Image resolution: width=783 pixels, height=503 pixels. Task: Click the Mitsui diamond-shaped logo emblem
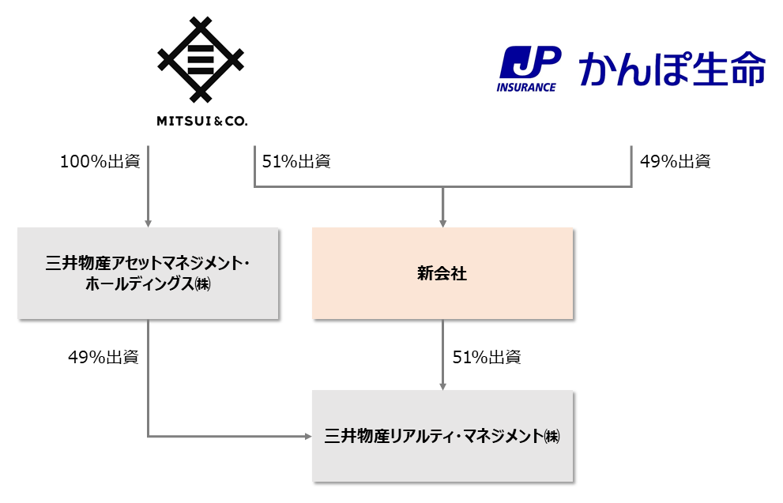[x=201, y=61]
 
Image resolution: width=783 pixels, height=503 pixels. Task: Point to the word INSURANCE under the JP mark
[x=526, y=87]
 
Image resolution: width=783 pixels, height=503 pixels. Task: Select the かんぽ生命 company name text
[x=672, y=69]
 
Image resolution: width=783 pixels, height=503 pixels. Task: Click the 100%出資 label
[x=100, y=162]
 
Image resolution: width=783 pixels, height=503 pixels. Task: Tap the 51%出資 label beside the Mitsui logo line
[x=296, y=162]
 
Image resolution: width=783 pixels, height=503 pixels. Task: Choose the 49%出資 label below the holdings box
[x=104, y=357]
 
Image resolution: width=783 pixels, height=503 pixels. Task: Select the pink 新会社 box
[x=442, y=273]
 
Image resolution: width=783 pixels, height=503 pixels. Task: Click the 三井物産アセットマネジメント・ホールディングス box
[x=148, y=273]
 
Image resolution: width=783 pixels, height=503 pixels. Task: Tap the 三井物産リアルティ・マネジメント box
[x=442, y=435]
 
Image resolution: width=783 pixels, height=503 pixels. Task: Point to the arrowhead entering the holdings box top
[x=148, y=223]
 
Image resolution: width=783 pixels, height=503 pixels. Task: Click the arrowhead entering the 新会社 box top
[x=442, y=223]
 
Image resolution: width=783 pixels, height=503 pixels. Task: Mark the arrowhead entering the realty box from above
[x=442, y=385]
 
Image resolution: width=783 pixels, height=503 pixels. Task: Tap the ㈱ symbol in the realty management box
[x=551, y=436]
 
